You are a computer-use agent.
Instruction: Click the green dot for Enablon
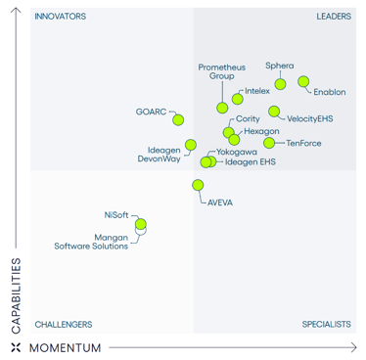coord(303,82)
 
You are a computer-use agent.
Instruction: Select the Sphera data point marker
coord(280,83)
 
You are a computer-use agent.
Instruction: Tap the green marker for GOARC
coord(178,119)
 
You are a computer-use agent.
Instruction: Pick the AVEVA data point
coord(199,185)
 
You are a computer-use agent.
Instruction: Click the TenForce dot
coord(269,143)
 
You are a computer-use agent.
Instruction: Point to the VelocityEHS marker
coord(274,112)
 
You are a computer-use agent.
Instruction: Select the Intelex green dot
coord(238,99)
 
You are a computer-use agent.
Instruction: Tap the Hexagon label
coord(261,130)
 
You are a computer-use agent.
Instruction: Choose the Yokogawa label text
coord(237,153)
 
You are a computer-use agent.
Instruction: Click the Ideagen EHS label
coord(250,162)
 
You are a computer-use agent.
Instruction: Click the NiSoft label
coord(115,214)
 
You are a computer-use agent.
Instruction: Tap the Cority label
coord(248,118)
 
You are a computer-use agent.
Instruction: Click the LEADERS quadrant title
coord(334,17)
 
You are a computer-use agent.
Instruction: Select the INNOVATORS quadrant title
coord(60,17)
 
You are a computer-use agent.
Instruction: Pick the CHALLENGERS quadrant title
coord(64,324)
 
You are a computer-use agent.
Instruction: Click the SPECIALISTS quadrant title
coord(327,324)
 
